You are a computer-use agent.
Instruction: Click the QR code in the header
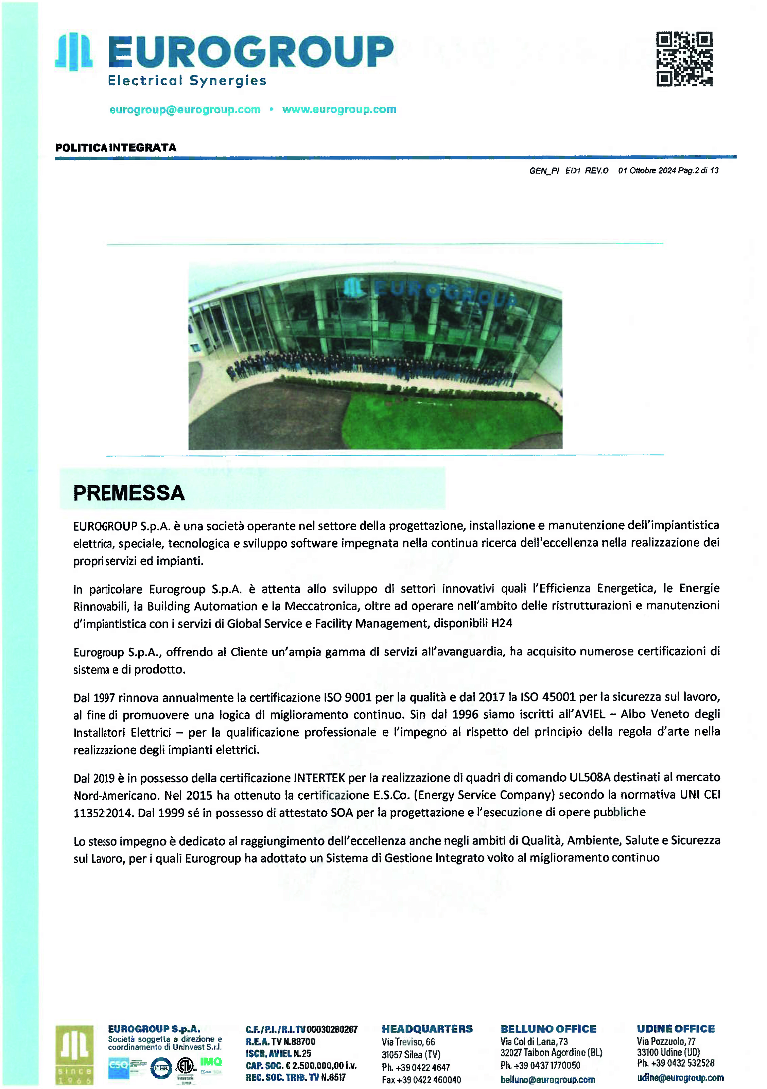684,59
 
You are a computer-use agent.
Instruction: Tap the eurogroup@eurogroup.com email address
185,109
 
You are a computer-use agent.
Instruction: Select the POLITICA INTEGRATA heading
116,148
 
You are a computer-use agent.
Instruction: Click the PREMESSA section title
128,493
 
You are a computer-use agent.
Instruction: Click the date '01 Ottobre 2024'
647,171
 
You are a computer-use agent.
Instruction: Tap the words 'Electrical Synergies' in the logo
187,81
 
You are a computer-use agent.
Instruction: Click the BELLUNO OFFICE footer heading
548,1029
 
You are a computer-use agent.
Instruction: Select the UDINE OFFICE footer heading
676,1029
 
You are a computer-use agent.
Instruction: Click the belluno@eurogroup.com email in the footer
547,1079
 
